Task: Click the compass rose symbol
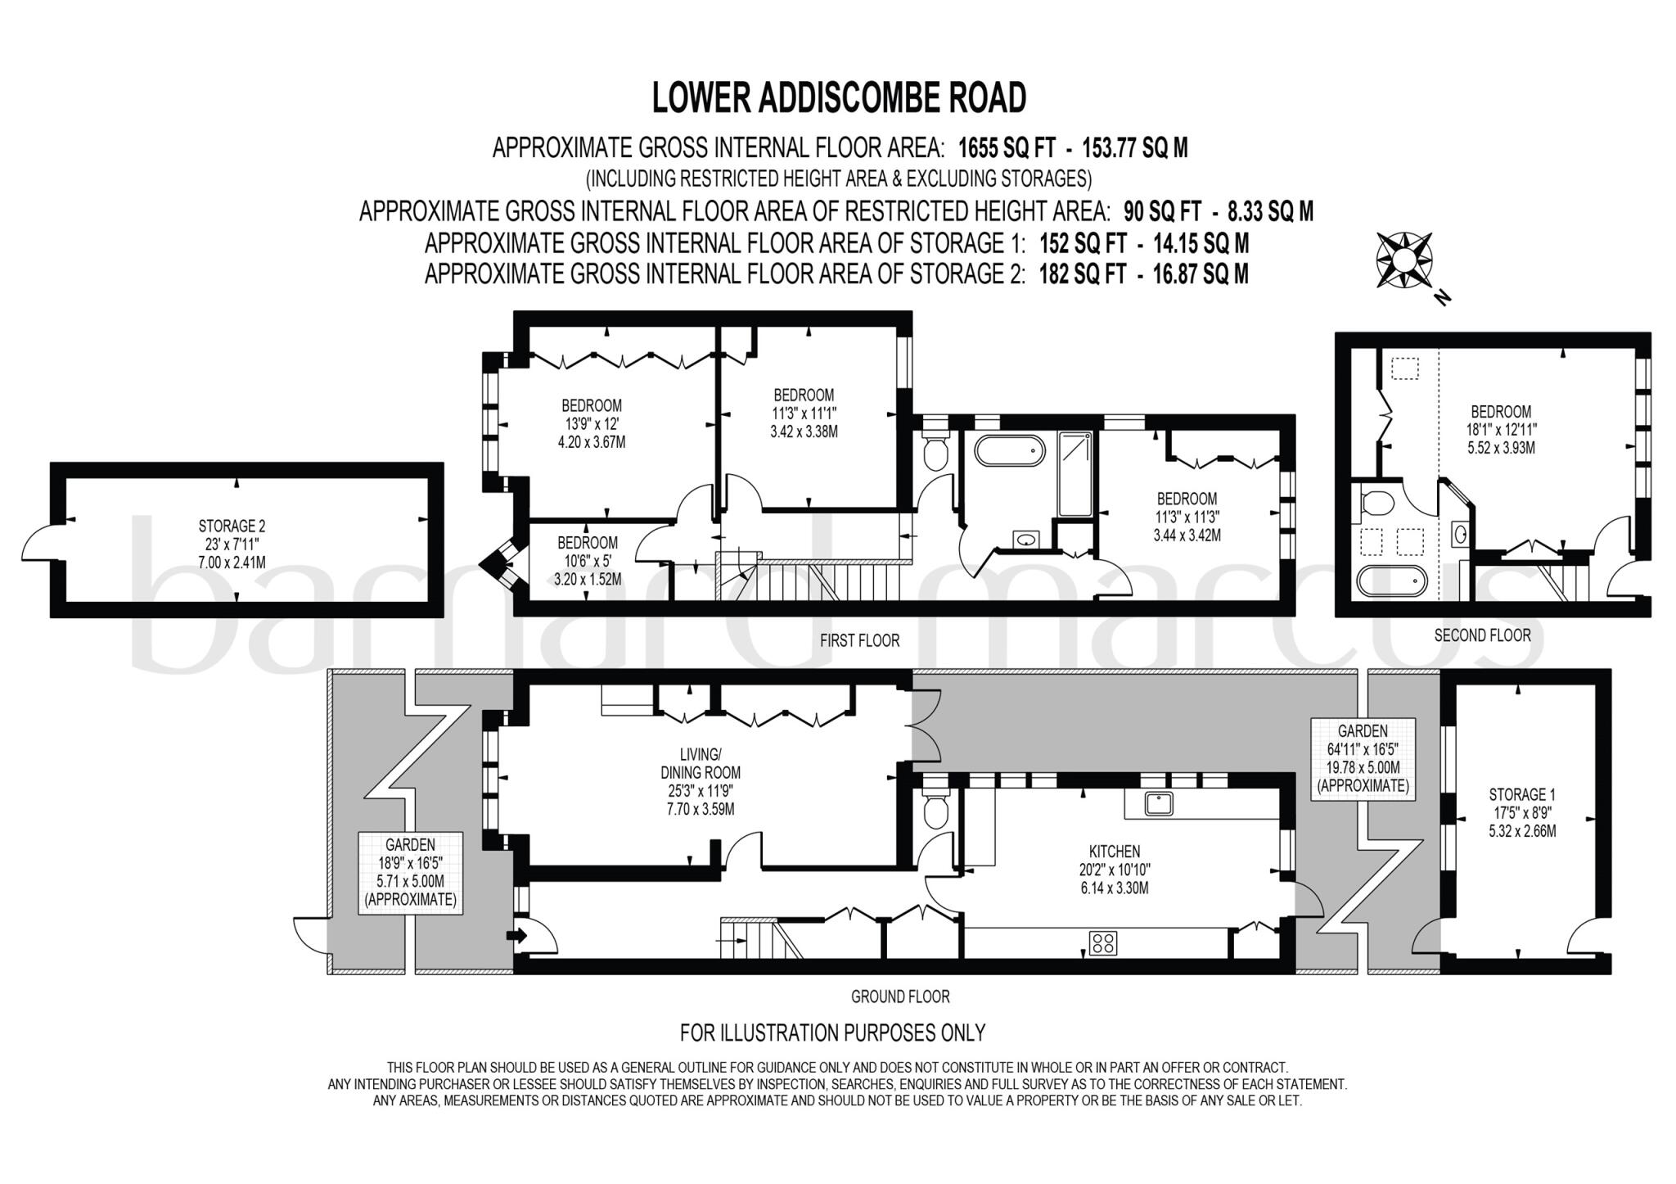click(x=1403, y=260)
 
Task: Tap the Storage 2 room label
click(x=232, y=544)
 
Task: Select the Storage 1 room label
click(x=1522, y=812)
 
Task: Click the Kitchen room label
click(x=1114, y=870)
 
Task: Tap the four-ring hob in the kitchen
click(x=1102, y=942)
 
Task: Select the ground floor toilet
click(x=935, y=807)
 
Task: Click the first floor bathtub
click(x=1009, y=450)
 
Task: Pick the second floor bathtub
click(x=1392, y=581)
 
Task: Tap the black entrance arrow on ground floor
click(x=516, y=935)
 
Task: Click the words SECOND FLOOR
click(x=1482, y=635)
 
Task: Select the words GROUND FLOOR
click(x=900, y=996)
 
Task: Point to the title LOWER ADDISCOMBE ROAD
click(x=839, y=97)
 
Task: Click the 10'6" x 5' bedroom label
click(x=588, y=561)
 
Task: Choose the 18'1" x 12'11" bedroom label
click(x=1501, y=430)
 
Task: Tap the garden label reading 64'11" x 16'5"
click(x=1363, y=758)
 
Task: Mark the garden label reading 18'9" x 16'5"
click(x=411, y=872)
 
